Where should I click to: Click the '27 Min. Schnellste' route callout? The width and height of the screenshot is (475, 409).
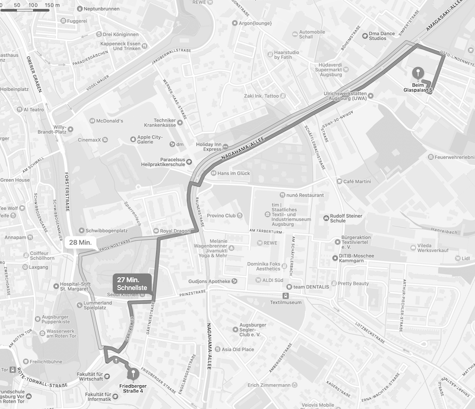[132, 284]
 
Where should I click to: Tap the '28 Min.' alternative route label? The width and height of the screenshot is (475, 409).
[80, 242]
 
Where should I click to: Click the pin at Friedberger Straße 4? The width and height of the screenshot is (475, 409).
[132, 374]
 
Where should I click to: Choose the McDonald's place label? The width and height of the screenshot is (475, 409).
[109, 121]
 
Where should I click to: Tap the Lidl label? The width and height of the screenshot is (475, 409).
[465, 259]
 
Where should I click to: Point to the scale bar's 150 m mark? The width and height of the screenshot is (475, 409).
[52, 5]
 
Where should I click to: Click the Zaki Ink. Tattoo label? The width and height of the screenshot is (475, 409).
[264, 96]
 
